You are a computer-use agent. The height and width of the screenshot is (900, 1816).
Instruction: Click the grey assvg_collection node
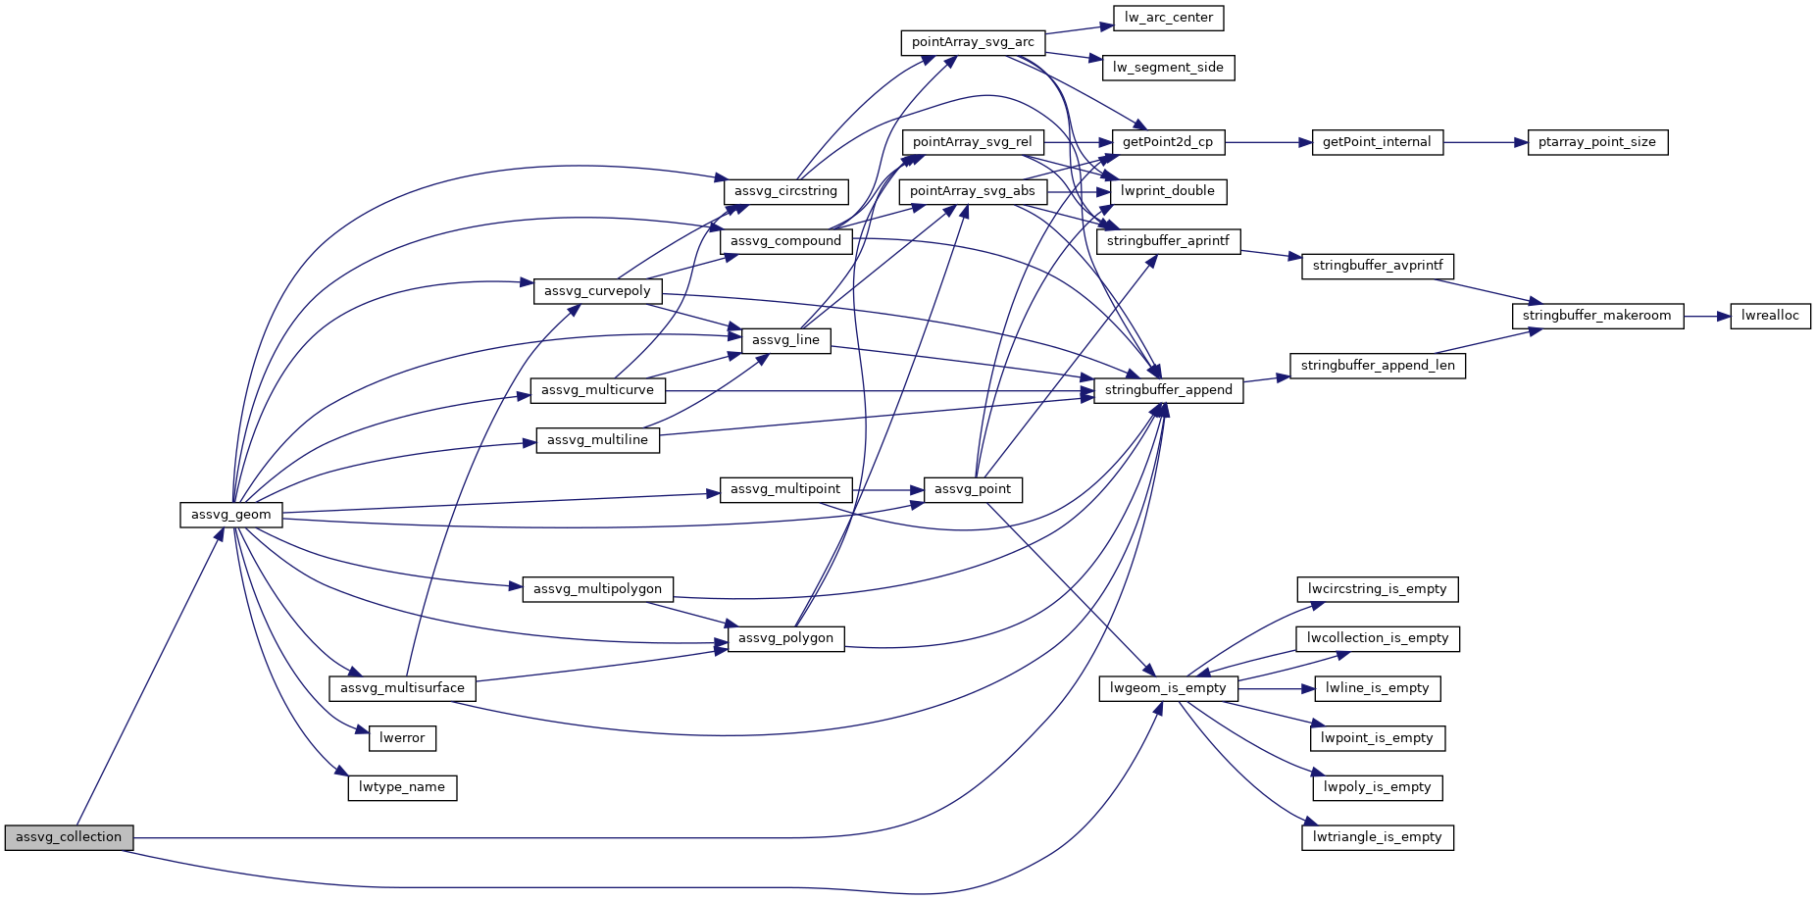coord(69,837)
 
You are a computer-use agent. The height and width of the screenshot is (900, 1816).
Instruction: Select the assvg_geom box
coord(231,515)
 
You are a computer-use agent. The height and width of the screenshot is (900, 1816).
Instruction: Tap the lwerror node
coord(402,738)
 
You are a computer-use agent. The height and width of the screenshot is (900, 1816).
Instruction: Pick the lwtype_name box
coord(402,787)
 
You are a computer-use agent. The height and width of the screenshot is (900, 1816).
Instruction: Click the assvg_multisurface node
coord(402,688)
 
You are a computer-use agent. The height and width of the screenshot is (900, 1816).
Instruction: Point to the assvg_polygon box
coord(785,638)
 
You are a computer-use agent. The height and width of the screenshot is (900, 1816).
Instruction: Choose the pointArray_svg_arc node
coord(973,43)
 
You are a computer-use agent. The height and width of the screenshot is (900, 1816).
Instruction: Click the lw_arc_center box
coord(1168,18)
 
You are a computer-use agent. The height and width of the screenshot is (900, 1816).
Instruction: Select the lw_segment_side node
coord(1168,68)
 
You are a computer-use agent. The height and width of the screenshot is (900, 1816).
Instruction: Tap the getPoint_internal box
coord(1377,142)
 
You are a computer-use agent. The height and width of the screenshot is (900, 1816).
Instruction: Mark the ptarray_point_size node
coord(1596,142)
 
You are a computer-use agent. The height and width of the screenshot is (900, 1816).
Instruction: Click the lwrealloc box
coord(1770,316)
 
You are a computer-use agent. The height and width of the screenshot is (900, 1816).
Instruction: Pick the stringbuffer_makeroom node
coord(1596,316)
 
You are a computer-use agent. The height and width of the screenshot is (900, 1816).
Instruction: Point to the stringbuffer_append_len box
coord(1378,366)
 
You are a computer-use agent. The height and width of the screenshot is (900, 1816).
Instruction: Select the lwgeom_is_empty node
coord(1168,688)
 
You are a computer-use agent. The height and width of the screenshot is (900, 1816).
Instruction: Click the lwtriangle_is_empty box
coord(1377,837)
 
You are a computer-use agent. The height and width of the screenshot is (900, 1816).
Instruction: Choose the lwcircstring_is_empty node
coord(1377,589)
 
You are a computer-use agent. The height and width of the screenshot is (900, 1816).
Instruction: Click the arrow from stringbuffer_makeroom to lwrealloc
coord(1707,316)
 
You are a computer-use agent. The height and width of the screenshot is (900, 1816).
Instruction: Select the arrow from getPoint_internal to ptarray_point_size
coord(1486,142)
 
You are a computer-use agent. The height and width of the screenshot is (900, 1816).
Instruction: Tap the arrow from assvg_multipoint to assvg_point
coord(888,489)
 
